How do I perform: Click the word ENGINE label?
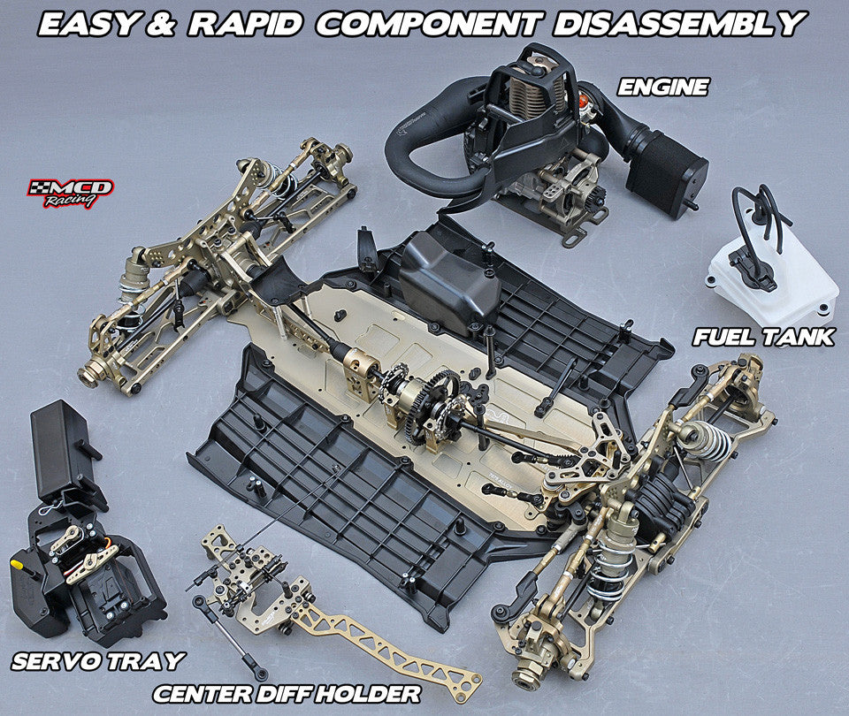click(663, 87)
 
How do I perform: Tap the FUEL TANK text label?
click(763, 337)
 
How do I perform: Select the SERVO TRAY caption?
click(98, 660)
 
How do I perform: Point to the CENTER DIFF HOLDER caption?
click(287, 692)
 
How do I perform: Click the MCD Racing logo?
click(71, 192)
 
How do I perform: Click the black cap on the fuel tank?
click(753, 270)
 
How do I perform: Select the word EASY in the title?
click(88, 22)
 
